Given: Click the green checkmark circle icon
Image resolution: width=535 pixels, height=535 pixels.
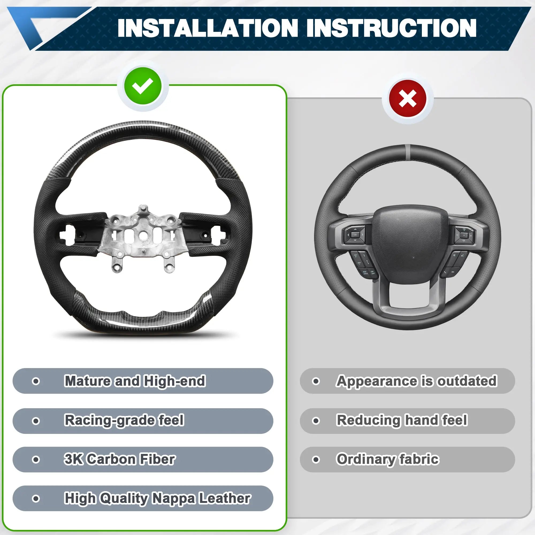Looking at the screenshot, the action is click(x=143, y=86).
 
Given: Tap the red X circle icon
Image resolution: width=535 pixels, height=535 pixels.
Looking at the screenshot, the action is click(x=408, y=99).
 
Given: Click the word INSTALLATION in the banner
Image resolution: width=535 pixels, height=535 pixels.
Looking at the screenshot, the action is click(x=207, y=28).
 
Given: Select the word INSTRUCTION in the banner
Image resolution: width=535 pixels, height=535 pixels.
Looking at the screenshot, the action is click(x=391, y=28).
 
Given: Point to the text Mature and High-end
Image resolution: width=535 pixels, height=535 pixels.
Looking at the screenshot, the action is click(x=135, y=381).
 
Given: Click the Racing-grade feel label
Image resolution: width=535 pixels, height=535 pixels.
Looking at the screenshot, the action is click(x=124, y=421).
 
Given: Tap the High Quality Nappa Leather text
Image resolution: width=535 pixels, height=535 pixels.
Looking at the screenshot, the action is click(x=157, y=498).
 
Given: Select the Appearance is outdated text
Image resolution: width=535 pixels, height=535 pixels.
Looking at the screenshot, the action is click(x=417, y=381).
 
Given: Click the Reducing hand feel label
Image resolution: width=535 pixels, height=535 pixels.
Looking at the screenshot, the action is click(x=402, y=420).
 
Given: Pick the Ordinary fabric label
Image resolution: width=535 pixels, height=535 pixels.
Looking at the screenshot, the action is click(x=388, y=460).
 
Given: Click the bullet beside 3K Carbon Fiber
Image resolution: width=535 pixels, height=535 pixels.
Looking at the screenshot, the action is click(x=36, y=460).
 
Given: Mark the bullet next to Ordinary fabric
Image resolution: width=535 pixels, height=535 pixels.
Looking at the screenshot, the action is click(x=316, y=460).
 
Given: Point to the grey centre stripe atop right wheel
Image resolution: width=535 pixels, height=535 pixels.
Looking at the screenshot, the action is click(x=408, y=150).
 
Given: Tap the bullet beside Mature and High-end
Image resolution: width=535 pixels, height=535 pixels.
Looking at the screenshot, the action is click(x=36, y=381).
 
